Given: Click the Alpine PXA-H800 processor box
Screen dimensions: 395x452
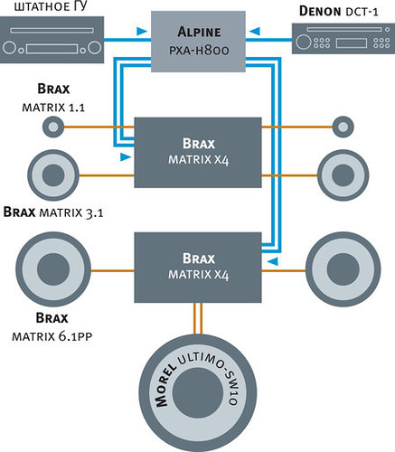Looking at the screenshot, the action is pyautogui.click(x=198, y=42).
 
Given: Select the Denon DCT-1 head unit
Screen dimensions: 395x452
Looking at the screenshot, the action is pyautogui.click(x=343, y=39).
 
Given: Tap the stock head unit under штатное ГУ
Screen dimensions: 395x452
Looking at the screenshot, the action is pyautogui.click(x=52, y=40).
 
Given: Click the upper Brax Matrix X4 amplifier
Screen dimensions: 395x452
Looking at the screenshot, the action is pyautogui.click(x=198, y=153).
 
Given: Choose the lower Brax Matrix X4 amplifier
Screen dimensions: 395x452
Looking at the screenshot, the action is pyautogui.click(x=198, y=268).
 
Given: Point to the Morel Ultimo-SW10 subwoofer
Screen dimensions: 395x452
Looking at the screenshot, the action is pyautogui.click(x=198, y=392).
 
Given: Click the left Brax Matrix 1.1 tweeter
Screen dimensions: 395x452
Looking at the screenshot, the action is pyautogui.click(x=53, y=127).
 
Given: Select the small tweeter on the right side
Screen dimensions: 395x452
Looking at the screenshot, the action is pyautogui.click(x=343, y=127).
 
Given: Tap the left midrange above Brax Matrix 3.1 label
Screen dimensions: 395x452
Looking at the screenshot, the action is pyautogui.click(x=53, y=175).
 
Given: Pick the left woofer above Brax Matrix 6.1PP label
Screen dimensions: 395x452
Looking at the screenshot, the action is pyautogui.click(x=53, y=269).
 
